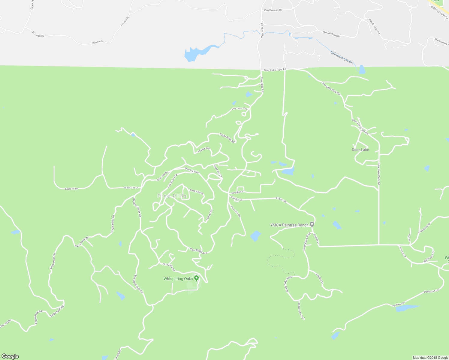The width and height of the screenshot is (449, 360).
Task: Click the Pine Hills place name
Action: tap(172, 196)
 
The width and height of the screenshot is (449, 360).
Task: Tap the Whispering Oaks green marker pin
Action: tap(197, 278)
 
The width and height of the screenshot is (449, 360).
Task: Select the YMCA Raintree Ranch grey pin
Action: tap(312, 224)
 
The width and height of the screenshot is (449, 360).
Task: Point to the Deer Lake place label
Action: tap(360, 150)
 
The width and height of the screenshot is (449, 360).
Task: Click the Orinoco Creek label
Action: tap(342, 57)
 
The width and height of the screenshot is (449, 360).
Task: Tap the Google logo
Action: tap(10, 356)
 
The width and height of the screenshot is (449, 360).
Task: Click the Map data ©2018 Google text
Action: tap(430, 358)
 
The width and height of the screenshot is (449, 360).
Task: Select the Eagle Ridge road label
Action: tap(71, 189)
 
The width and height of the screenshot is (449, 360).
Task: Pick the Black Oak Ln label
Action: tap(131, 188)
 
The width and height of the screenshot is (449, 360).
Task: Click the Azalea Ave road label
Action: tap(203, 150)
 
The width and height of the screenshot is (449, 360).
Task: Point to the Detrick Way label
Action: tap(192, 170)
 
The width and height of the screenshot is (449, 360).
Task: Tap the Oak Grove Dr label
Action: tap(172, 181)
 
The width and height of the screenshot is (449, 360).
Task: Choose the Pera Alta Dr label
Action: tap(197, 192)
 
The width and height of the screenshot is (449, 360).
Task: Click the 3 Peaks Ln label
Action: tap(237, 192)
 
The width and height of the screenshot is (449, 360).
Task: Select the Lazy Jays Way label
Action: tap(239, 109)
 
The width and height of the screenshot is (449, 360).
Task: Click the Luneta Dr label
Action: tap(209, 215)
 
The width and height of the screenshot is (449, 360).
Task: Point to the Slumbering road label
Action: tap(441, 41)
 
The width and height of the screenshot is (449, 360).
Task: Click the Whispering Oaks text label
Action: tap(178, 279)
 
